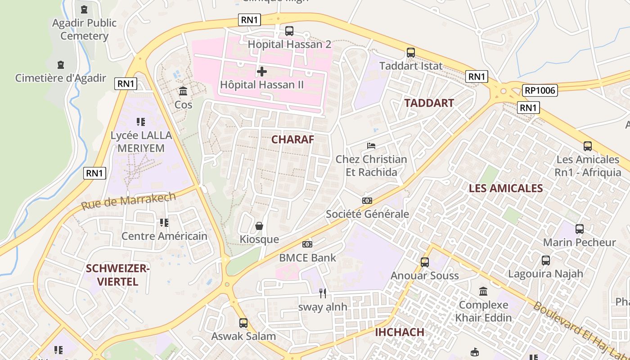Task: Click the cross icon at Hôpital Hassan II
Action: tap(261, 72)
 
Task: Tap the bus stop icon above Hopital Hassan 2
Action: tap(289, 31)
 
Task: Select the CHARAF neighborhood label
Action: tap(292, 139)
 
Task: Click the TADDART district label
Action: tap(429, 103)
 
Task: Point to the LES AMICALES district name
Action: tap(506, 188)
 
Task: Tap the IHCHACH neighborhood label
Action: tap(400, 333)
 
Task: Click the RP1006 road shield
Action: tap(540, 90)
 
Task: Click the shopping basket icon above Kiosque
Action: tap(259, 226)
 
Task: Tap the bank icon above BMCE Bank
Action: tap(307, 244)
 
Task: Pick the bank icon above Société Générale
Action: tap(367, 201)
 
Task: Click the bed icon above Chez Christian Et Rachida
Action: tap(371, 146)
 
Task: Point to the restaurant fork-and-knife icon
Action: tap(323, 293)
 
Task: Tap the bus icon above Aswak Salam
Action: tap(243, 323)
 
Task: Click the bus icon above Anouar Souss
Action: tap(425, 262)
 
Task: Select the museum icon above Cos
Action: tap(183, 91)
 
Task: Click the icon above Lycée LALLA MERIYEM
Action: tap(141, 122)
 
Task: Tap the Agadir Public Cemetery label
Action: tap(84, 29)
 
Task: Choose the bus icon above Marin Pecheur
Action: tap(580, 229)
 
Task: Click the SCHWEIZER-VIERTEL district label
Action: tap(117, 275)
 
